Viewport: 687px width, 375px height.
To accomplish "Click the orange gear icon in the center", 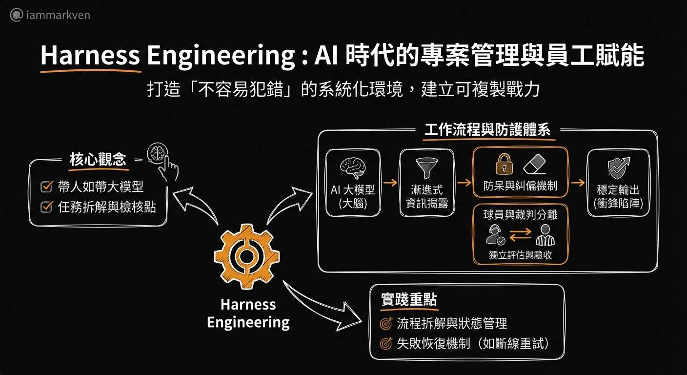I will click(x=247, y=257).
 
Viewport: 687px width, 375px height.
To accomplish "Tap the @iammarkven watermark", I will click(x=50, y=15).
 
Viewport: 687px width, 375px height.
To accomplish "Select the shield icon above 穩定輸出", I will click(x=618, y=167).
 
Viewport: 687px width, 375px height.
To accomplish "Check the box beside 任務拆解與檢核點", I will click(x=46, y=207).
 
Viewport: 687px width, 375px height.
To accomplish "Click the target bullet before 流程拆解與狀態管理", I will click(x=386, y=323).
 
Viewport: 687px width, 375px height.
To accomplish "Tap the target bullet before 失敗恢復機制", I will click(x=386, y=344).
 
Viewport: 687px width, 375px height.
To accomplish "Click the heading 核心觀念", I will click(x=98, y=160).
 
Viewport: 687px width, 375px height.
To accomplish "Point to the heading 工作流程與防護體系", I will click(x=487, y=131).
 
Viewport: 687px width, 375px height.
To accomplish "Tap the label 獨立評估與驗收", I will click(x=520, y=255).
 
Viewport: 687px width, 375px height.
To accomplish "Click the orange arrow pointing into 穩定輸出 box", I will click(x=578, y=183).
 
